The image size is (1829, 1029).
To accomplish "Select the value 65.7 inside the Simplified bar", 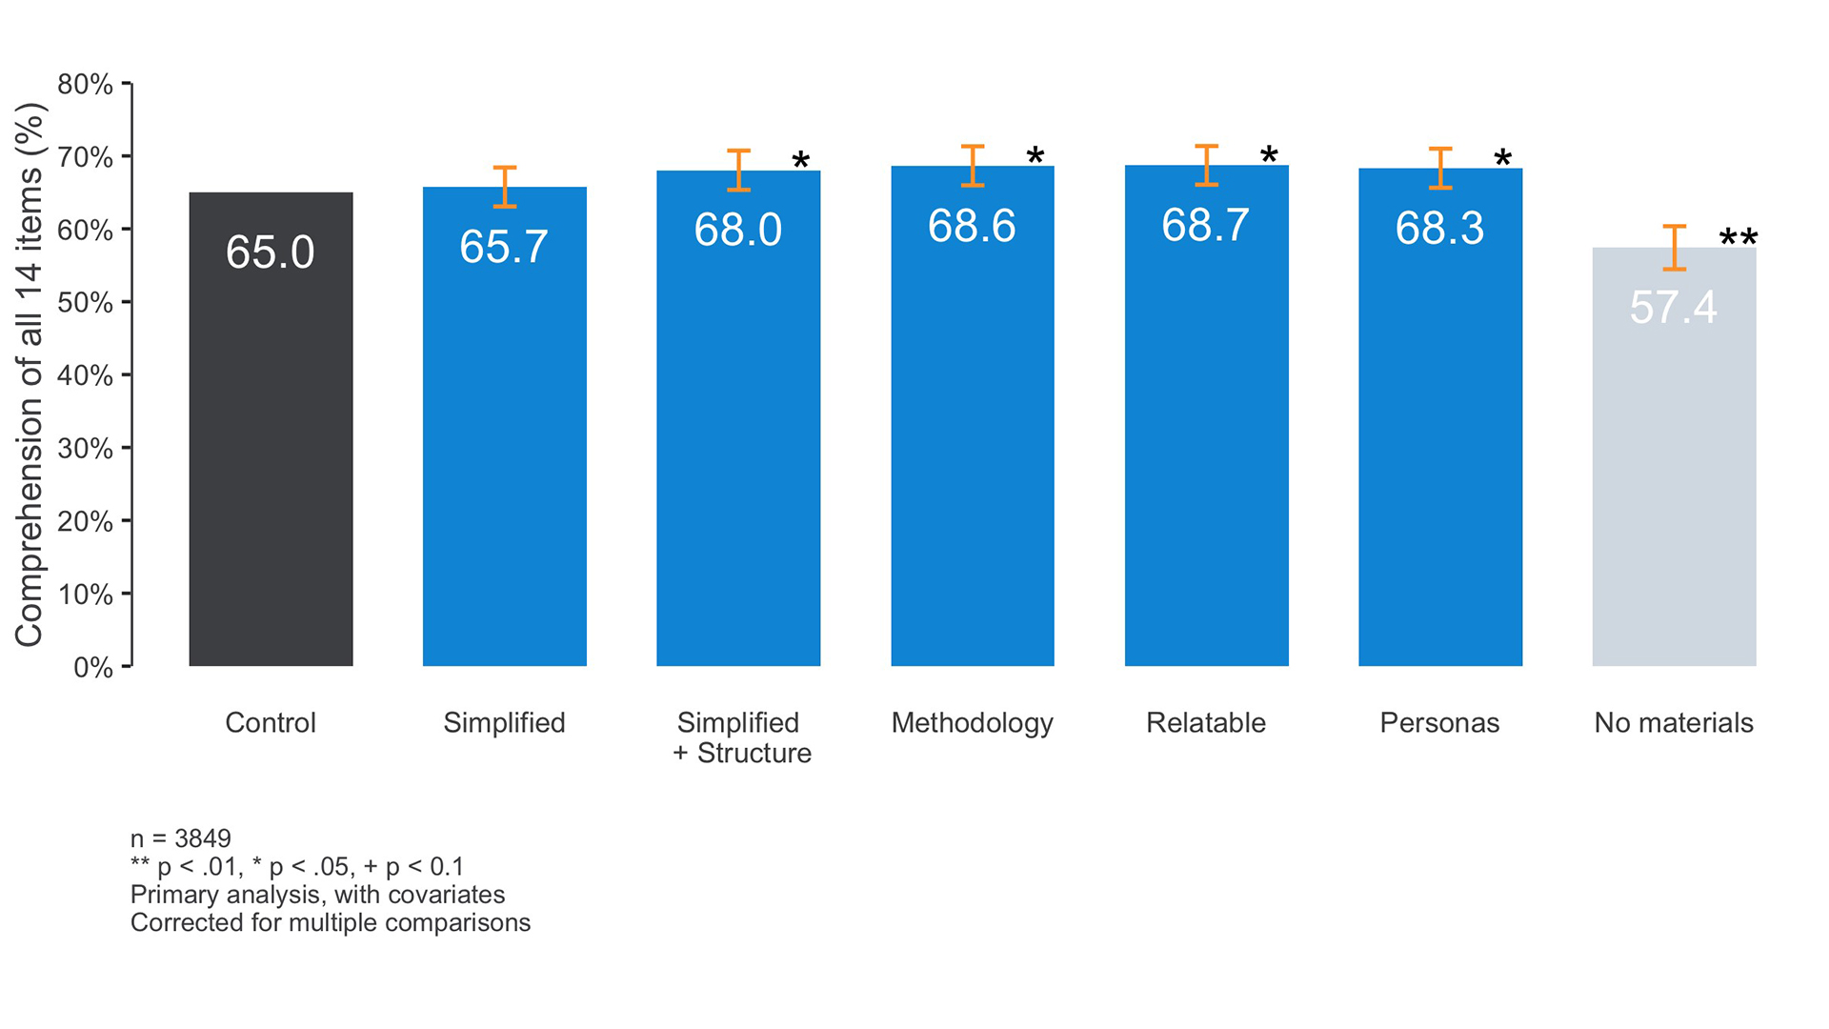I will pyautogui.click(x=503, y=247).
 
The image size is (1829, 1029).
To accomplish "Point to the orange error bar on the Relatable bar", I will pyautogui.click(x=1206, y=165).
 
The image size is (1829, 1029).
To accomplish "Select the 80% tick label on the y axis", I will pyautogui.click(x=85, y=85).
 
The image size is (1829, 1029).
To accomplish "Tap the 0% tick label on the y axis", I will pyautogui.click(x=92, y=667).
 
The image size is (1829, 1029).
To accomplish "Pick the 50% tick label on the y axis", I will pyautogui.click(x=85, y=303).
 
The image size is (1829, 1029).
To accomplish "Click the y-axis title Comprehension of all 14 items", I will pyautogui.click(x=30, y=374).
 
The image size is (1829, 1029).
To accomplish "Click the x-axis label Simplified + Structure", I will pyautogui.click(x=740, y=737).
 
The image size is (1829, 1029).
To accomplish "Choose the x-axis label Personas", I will pyautogui.click(x=1439, y=723).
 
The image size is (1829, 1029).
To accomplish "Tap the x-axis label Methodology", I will pyautogui.click(x=972, y=723).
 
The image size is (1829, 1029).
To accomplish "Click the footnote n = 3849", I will pyautogui.click(x=180, y=838).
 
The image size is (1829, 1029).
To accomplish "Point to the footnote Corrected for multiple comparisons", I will pyautogui.click(x=330, y=922).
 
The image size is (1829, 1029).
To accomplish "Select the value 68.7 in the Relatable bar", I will pyautogui.click(x=1205, y=226).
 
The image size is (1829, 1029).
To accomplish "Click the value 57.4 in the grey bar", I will pyautogui.click(x=1673, y=307).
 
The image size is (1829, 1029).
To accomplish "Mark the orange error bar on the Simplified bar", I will pyautogui.click(x=505, y=187).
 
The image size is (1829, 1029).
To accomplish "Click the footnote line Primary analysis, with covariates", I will pyautogui.click(x=317, y=895).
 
